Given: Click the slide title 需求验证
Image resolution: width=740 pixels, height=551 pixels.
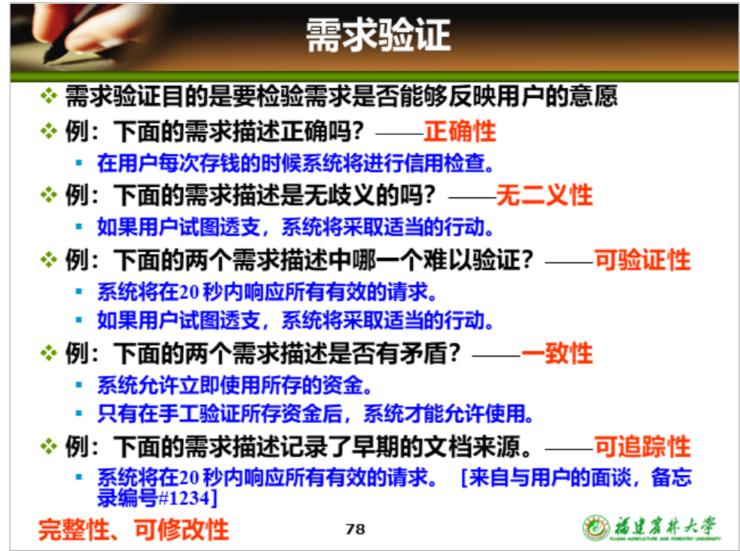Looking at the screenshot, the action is (378, 35).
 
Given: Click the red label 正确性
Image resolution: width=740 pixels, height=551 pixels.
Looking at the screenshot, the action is (460, 131).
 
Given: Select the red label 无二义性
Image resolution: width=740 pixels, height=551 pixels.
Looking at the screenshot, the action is (544, 195).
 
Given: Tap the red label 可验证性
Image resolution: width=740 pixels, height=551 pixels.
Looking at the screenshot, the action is (642, 260).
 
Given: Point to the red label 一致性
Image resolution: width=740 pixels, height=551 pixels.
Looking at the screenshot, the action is (557, 354).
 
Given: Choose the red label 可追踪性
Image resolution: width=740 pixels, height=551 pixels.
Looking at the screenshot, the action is (642, 446).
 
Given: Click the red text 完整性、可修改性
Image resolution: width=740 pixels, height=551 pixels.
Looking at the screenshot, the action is (133, 529).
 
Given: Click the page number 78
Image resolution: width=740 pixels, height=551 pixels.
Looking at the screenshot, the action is (356, 529).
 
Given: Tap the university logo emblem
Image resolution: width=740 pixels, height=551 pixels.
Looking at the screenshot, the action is (596, 528).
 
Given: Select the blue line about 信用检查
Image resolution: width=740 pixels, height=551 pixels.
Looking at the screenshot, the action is (295, 164).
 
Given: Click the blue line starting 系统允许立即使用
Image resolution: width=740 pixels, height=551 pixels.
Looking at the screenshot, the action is (234, 385).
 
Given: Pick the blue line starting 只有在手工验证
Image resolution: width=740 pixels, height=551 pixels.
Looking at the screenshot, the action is (315, 414).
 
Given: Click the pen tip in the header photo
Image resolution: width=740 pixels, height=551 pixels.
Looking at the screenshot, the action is (47, 61).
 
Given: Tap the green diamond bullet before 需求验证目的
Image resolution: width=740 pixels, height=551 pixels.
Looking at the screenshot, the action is (49, 96).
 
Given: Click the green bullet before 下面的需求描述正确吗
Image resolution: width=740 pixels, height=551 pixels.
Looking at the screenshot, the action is (49, 130).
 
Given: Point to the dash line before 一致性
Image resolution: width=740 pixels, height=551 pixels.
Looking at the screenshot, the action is (497, 356).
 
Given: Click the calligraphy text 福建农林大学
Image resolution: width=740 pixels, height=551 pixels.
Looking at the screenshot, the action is (665, 525).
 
